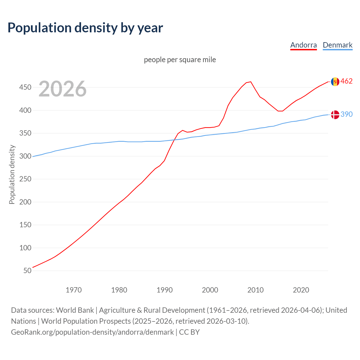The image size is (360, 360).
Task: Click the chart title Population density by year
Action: (85, 28)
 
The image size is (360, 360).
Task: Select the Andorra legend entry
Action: (303, 45)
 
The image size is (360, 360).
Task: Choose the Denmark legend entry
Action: (337, 45)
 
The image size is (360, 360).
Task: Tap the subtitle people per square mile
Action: (180, 60)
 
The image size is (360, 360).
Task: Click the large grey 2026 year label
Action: (62, 89)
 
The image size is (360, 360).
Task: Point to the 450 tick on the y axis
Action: (25, 87)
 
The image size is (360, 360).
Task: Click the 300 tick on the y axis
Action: (25, 156)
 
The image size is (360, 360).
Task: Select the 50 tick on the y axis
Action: (27, 271)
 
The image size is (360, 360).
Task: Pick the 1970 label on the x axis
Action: (74, 290)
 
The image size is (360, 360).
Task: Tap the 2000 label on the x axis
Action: (210, 290)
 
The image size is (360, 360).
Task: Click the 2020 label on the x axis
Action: (301, 290)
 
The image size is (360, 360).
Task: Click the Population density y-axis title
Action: (12, 174)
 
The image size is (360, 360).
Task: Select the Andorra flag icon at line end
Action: (335, 82)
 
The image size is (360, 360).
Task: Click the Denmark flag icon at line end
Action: (335, 114)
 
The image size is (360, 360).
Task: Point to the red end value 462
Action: (346, 81)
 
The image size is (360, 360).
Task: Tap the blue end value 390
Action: (346, 114)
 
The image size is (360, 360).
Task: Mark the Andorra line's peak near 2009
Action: (251, 82)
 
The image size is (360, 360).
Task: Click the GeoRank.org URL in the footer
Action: (92, 332)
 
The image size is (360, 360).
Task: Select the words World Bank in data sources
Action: (75, 310)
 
